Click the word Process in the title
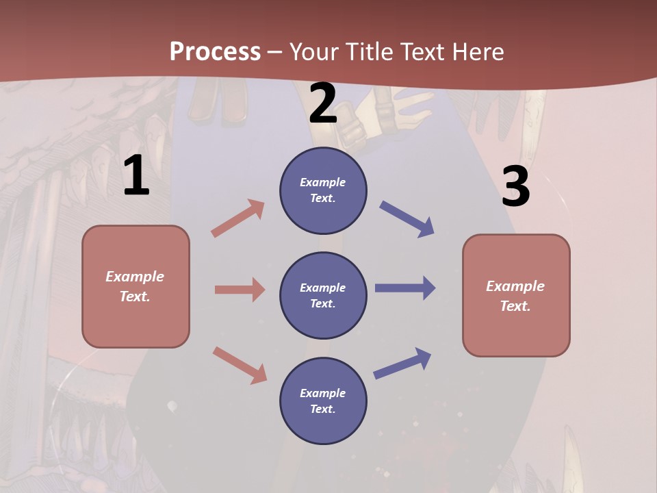[215, 51]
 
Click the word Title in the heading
[370, 51]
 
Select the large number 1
[136, 176]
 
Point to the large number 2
[323, 103]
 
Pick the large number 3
[515, 187]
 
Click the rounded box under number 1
[136, 286]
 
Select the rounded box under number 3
[516, 296]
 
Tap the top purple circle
[323, 190]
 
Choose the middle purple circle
[323, 295]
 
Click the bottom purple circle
[323, 401]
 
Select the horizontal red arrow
[240, 290]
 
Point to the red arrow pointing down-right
[240, 365]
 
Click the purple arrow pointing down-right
[407, 219]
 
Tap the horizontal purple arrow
[405, 288]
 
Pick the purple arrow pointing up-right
[402, 363]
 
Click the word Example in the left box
[135, 277]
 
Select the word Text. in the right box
[515, 306]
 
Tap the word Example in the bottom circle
[323, 393]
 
